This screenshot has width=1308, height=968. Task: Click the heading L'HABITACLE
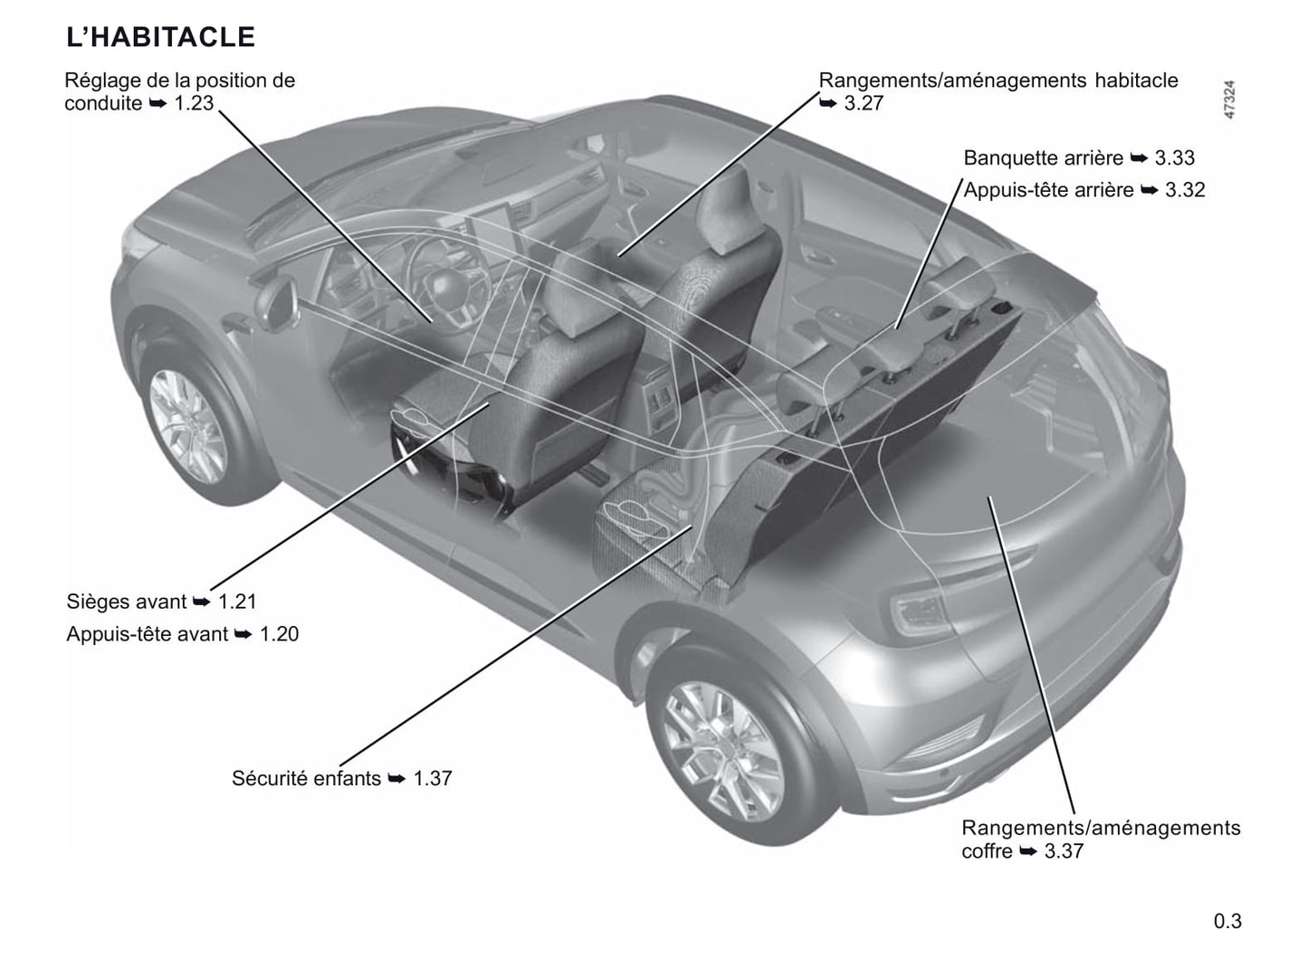click(x=160, y=37)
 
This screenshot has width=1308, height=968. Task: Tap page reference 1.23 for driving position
click(x=194, y=103)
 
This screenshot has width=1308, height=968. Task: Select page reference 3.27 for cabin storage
click(x=864, y=103)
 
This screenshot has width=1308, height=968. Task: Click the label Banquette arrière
click(x=1043, y=158)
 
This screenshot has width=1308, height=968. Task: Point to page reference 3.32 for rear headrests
click(x=1185, y=190)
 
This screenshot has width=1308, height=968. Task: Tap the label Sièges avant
click(x=126, y=602)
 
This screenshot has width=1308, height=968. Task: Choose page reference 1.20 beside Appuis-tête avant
click(x=279, y=634)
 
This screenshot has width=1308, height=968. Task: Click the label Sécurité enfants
click(x=306, y=778)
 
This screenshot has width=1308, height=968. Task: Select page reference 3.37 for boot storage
click(x=1064, y=851)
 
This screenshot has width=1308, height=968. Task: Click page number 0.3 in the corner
click(x=1227, y=921)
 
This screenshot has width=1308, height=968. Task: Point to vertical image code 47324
click(x=1229, y=100)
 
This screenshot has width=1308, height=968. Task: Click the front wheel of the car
click(x=187, y=427)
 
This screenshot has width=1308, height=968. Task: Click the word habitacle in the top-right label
click(x=1136, y=81)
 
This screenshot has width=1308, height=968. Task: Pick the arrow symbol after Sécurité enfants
click(x=396, y=779)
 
